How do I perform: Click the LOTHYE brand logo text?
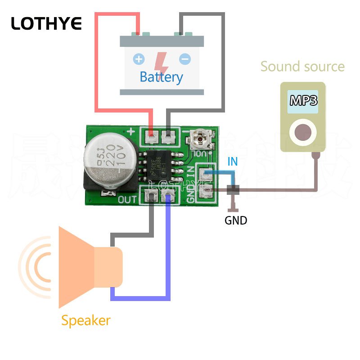(46, 23)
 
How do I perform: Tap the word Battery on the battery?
(161, 77)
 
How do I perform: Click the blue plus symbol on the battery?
(139, 59)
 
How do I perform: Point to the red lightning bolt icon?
(162, 61)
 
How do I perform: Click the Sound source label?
(302, 67)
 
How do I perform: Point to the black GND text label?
(236, 221)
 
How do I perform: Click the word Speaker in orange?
(85, 321)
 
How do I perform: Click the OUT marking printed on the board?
(127, 199)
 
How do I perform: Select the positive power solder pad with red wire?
(152, 135)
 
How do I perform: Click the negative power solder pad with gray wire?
(168, 135)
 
